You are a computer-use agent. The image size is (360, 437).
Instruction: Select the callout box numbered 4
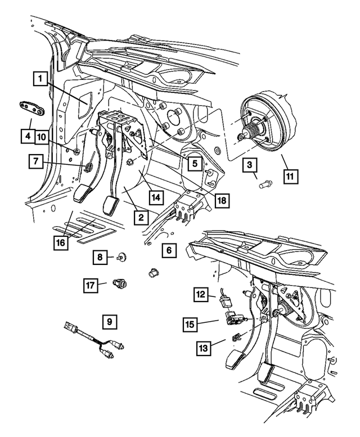click(x=26, y=136)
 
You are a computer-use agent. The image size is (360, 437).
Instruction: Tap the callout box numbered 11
click(x=290, y=176)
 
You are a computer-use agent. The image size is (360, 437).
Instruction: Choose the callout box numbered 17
click(x=91, y=285)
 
